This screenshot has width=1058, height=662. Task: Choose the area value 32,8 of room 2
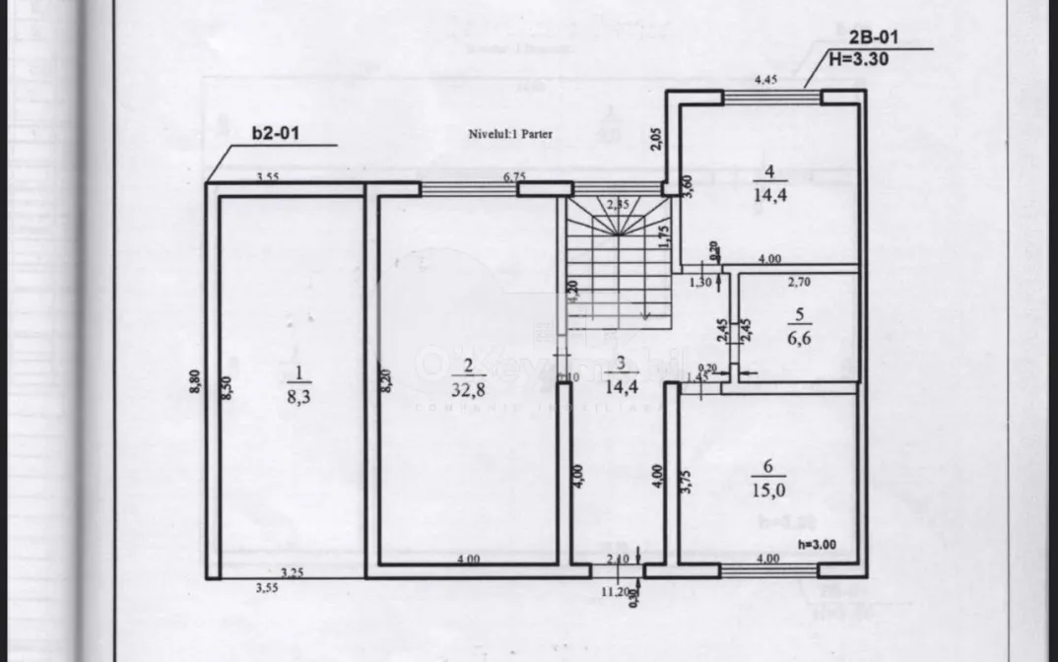[469, 389]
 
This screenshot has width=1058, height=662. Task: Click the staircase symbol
[617, 261]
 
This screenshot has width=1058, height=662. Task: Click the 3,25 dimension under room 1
[292, 572]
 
